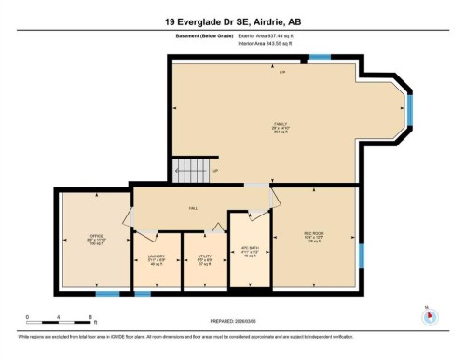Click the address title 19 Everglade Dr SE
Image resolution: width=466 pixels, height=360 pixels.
tap(232, 20)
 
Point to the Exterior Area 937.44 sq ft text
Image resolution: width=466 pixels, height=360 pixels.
tap(272, 35)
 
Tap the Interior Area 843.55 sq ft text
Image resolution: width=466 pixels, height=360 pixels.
tap(271, 43)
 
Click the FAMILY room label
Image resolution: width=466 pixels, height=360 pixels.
tap(281, 126)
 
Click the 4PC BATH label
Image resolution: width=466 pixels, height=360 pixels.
tap(249, 249)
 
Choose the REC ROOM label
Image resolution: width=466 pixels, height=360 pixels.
tap(314, 235)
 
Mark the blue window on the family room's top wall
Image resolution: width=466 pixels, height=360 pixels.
tap(320, 57)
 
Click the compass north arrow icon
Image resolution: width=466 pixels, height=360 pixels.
tap(430, 316)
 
